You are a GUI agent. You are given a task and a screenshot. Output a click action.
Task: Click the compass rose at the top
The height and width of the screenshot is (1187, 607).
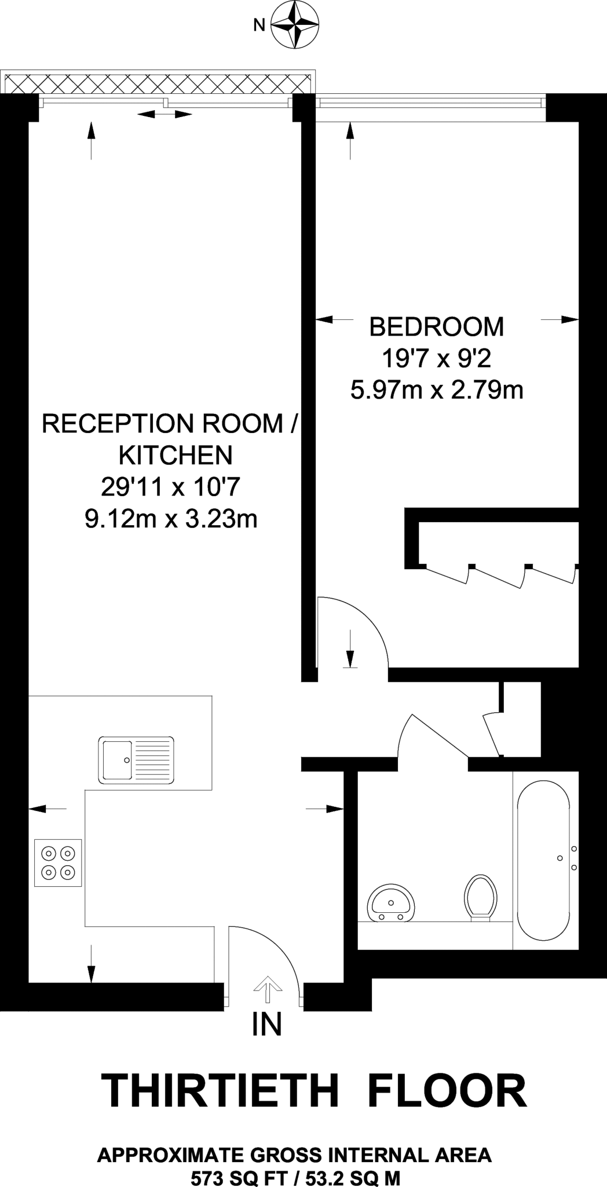point(295,25)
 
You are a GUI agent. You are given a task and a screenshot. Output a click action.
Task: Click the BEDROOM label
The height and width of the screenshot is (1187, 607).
point(436,327)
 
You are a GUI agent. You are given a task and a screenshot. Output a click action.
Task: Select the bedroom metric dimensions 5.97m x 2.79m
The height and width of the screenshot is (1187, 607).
point(436,390)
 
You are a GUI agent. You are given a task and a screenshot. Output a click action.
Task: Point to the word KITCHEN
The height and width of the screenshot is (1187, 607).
point(175,456)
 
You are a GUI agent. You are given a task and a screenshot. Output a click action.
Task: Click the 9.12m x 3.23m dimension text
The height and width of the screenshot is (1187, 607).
point(171,519)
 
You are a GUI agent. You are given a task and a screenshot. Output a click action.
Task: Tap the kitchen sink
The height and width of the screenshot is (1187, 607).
point(136,760)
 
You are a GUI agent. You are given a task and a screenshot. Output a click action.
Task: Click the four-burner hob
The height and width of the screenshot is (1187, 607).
point(58,862)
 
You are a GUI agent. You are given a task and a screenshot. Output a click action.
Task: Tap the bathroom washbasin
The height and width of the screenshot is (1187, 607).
point(390,904)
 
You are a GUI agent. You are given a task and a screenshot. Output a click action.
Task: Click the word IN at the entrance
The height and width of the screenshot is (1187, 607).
point(266,1025)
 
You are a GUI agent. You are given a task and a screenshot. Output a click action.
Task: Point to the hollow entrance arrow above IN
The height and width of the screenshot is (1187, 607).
point(266,988)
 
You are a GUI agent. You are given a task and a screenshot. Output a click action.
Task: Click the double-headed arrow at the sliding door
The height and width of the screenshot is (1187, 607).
point(164,114)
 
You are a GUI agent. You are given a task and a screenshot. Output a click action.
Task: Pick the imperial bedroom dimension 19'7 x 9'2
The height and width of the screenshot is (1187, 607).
point(436,359)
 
